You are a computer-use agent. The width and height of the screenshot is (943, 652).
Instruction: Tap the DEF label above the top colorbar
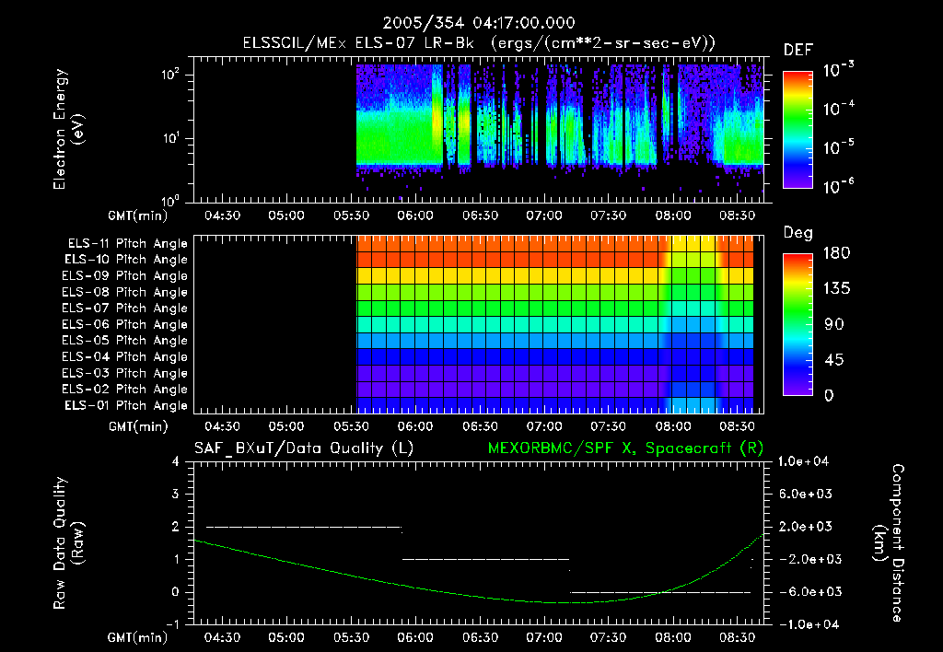tap(797, 51)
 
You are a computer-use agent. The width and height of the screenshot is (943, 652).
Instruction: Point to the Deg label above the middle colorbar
tap(797, 233)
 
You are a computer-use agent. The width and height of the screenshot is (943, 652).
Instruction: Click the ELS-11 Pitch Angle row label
tap(127, 244)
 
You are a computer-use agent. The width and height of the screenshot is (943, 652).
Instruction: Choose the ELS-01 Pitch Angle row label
tap(127, 406)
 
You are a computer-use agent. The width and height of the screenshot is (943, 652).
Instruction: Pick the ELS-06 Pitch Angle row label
tap(127, 325)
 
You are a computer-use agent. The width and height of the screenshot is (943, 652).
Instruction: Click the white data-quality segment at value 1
tap(486, 559)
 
